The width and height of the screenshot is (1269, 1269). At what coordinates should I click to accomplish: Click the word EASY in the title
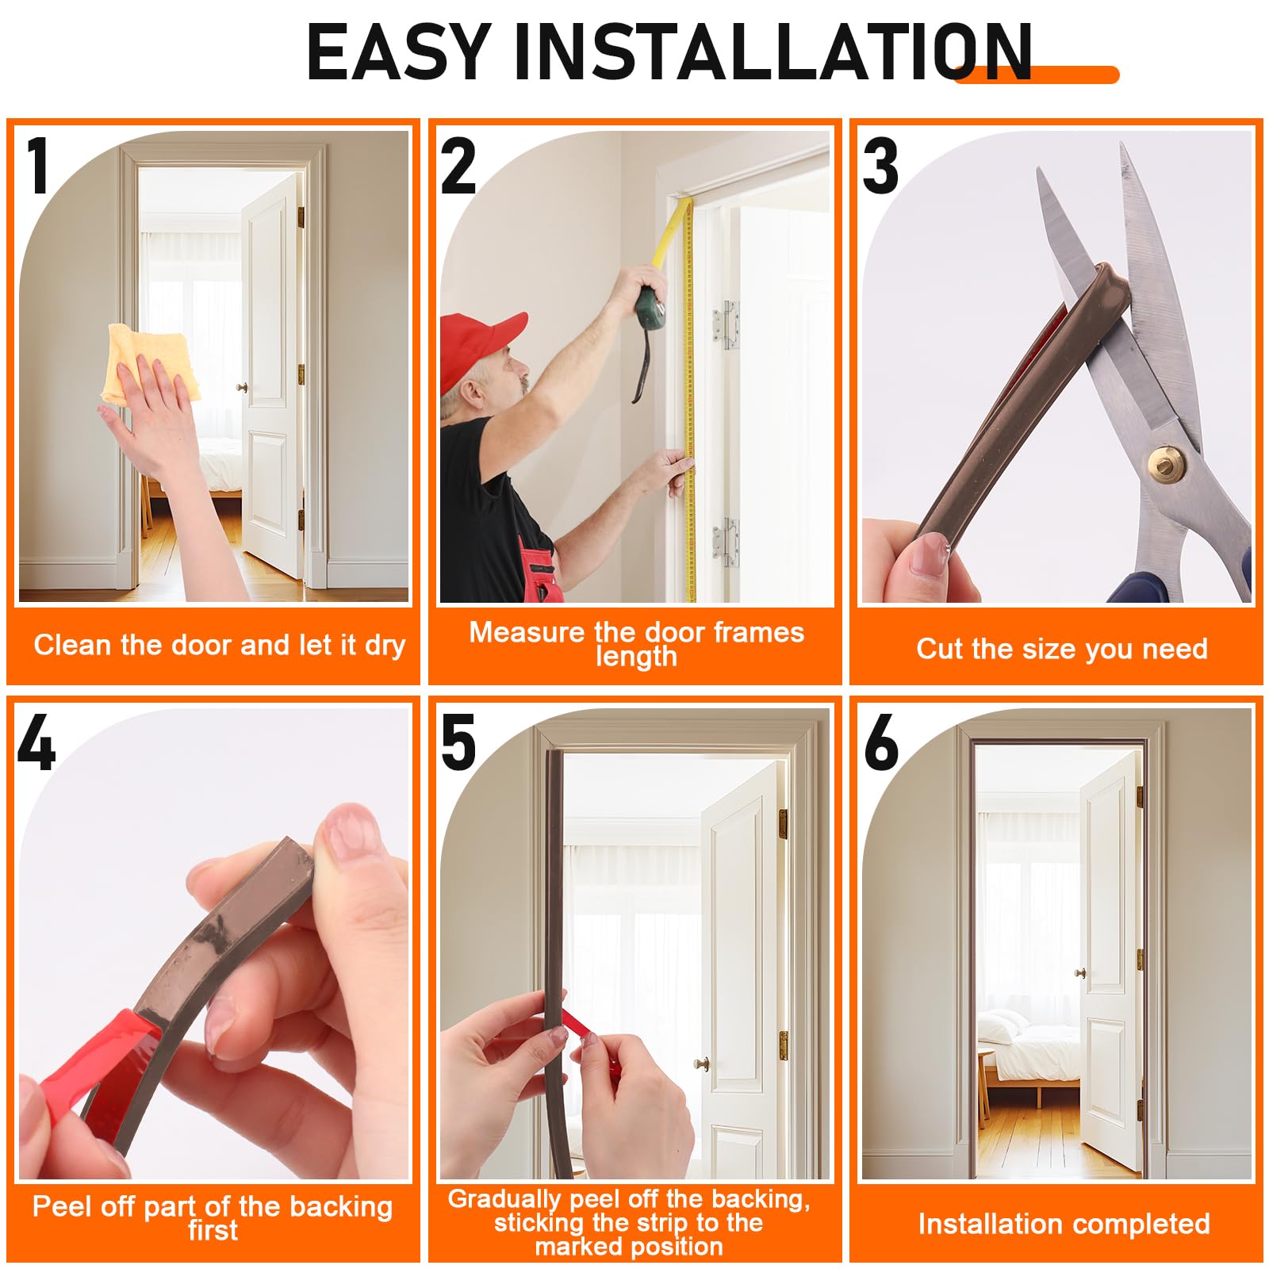399,52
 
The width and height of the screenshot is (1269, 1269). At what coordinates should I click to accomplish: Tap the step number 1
37,166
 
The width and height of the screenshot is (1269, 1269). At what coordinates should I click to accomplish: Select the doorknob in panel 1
241,388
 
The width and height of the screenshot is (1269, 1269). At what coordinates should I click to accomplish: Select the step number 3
880,166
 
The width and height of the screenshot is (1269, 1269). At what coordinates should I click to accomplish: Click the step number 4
36,742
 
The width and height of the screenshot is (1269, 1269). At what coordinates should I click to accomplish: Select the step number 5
458,742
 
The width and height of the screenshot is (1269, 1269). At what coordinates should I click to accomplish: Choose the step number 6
881,742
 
